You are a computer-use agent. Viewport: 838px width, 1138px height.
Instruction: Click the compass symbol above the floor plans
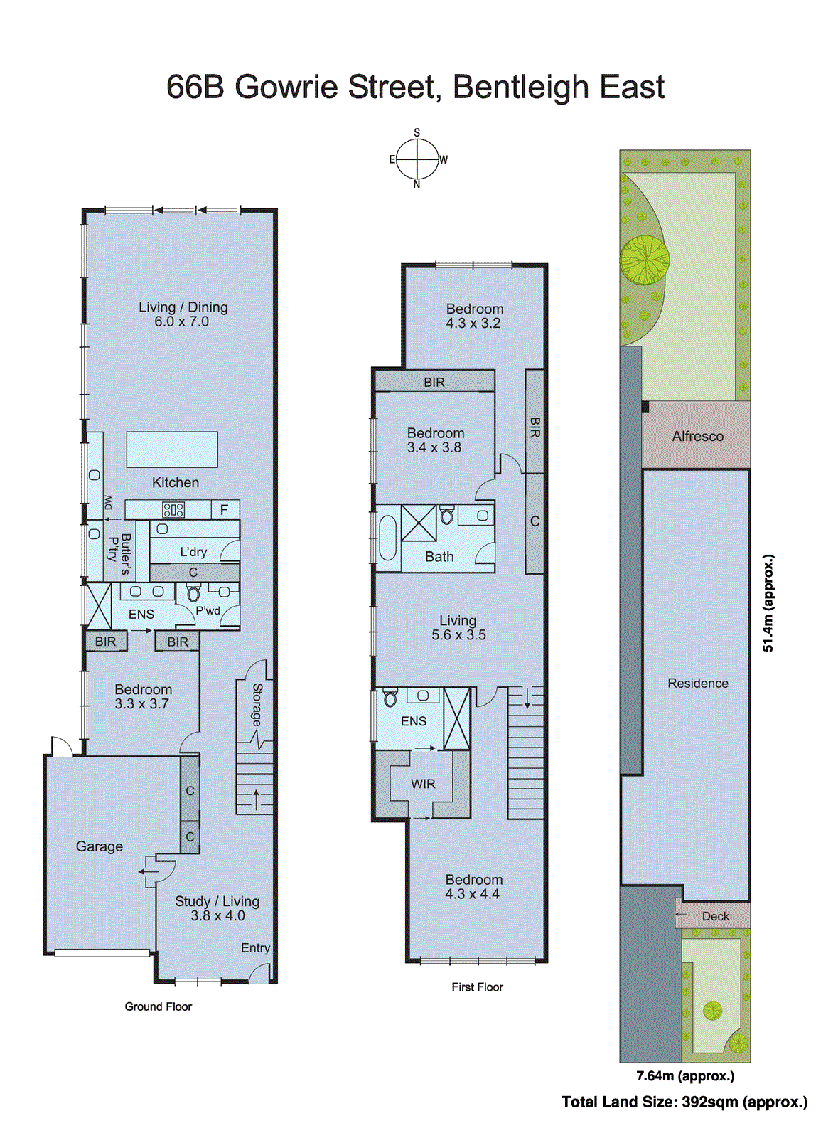(417, 159)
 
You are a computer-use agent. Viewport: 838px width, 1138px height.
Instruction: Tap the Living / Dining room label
(183, 314)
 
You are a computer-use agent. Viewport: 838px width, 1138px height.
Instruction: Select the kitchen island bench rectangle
(172, 449)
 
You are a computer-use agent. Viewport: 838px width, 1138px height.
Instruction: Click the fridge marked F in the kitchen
(225, 509)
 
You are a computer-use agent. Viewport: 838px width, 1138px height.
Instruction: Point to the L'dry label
(193, 552)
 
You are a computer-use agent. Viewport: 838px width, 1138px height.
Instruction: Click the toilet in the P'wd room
(193, 593)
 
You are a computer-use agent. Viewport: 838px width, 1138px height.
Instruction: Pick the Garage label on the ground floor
(100, 846)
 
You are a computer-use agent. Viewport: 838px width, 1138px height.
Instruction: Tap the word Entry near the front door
(255, 948)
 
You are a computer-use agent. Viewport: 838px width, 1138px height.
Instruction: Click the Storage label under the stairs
(257, 705)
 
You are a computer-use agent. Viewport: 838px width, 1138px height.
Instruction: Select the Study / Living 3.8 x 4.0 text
(217, 908)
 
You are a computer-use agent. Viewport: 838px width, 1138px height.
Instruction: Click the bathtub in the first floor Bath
(387, 538)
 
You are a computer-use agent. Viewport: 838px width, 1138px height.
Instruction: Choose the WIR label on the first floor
(423, 784)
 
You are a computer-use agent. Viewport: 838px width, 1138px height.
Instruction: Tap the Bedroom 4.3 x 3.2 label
(474, 316)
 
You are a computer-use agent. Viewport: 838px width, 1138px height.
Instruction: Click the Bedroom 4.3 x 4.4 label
(473, 887)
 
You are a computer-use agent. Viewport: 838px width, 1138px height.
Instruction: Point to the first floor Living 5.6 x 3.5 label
(458, 627)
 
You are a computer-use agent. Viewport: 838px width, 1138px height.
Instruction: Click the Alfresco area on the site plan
(697, 436)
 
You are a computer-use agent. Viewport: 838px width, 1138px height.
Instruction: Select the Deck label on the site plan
(715, 916)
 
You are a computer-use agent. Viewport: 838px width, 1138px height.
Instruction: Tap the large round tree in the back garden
(645, 260)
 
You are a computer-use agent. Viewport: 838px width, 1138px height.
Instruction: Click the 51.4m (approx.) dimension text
(768, 603)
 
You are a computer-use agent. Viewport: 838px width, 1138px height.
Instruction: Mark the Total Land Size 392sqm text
(684, 1102)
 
